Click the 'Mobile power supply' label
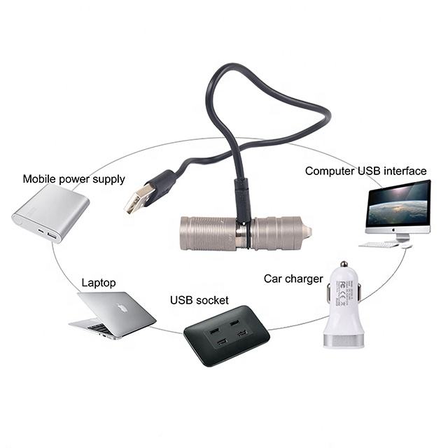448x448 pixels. point(73,178)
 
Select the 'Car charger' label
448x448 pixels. point(293,279)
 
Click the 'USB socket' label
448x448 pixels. point(199,300)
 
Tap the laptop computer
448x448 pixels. point(112,315)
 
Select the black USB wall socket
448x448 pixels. point(226,335)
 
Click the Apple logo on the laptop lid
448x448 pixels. point(122,307)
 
